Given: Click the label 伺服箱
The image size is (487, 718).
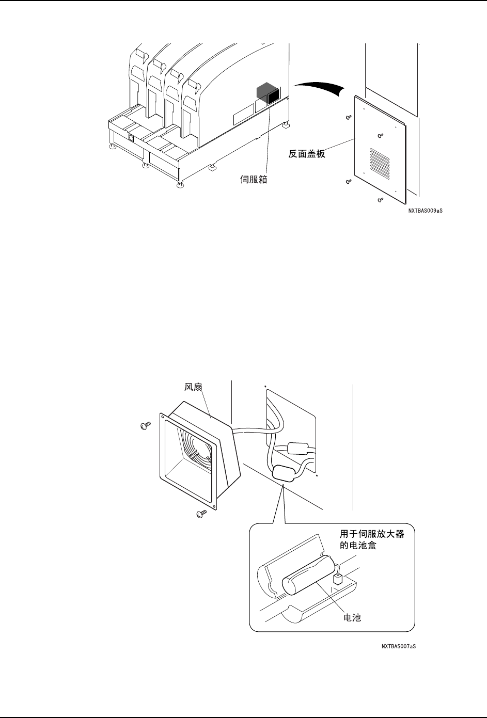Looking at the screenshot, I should tap(254, 181).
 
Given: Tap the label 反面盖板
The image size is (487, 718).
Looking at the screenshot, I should tap(307, 153).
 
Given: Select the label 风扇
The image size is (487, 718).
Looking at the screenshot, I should tap(193, 387).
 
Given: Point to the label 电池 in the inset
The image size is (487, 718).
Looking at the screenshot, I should tap(352, 617).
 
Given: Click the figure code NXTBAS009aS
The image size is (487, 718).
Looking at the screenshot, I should tap(425, 211).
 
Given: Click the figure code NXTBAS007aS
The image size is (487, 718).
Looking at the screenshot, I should tap(399, 646).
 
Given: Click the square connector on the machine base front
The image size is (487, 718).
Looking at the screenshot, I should tap(131, 138).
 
